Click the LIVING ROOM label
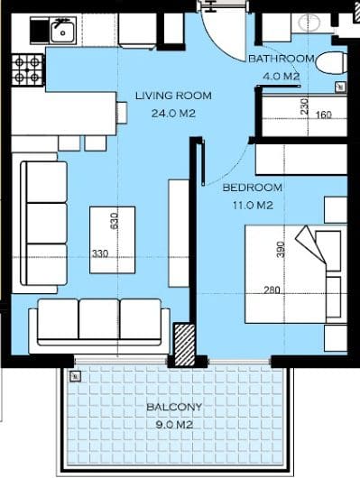pos(173,96)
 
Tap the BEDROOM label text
pos(253,188)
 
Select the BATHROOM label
pos(282,59)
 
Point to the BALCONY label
pos(174,407)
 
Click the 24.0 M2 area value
pos(173,114)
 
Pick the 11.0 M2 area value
pos(253,206)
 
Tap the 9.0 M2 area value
pos(174,425)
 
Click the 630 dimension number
pos(114,221)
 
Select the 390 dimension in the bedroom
pos(281,250)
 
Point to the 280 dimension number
pos(272,290)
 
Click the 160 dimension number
pos(323,115)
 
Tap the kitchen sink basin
pos(63,32)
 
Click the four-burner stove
pos(27,70)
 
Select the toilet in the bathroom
pos(331,63)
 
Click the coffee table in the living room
pos(113,240)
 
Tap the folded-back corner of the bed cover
pos(310,244)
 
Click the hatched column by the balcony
pos(184,345)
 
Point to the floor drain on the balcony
pos(76,377)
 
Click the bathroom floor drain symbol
pos(341,87)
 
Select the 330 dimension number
pos(100,253)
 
